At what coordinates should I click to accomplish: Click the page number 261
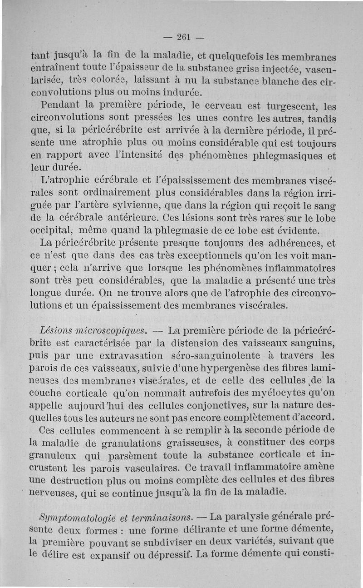[182, 37]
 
